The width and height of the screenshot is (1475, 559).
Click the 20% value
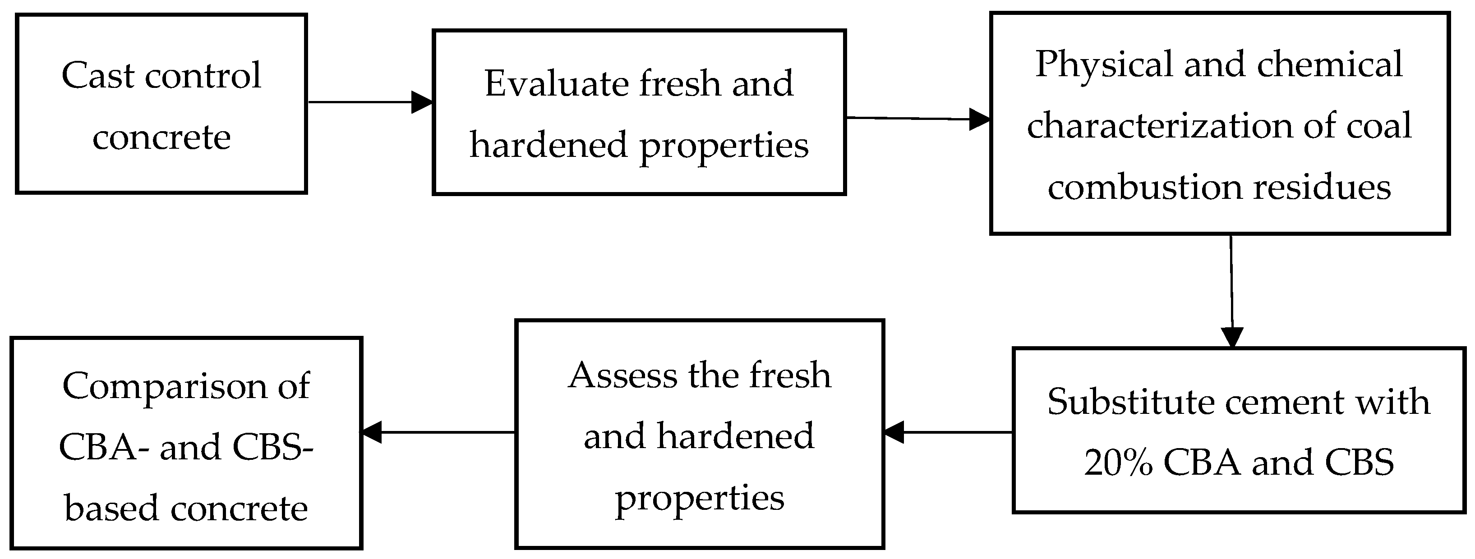click(x=1118, y=463)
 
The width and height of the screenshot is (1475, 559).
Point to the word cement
click(x=1278, y=402)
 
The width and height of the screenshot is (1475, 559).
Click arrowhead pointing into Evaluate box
click(x=422, y=102)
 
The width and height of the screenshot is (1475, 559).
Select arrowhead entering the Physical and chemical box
click(x=979, y=119)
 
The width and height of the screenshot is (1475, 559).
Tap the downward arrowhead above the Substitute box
click(x=1232, y=337)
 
